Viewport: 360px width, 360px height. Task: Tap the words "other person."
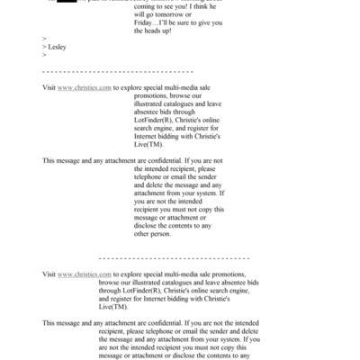158,235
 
